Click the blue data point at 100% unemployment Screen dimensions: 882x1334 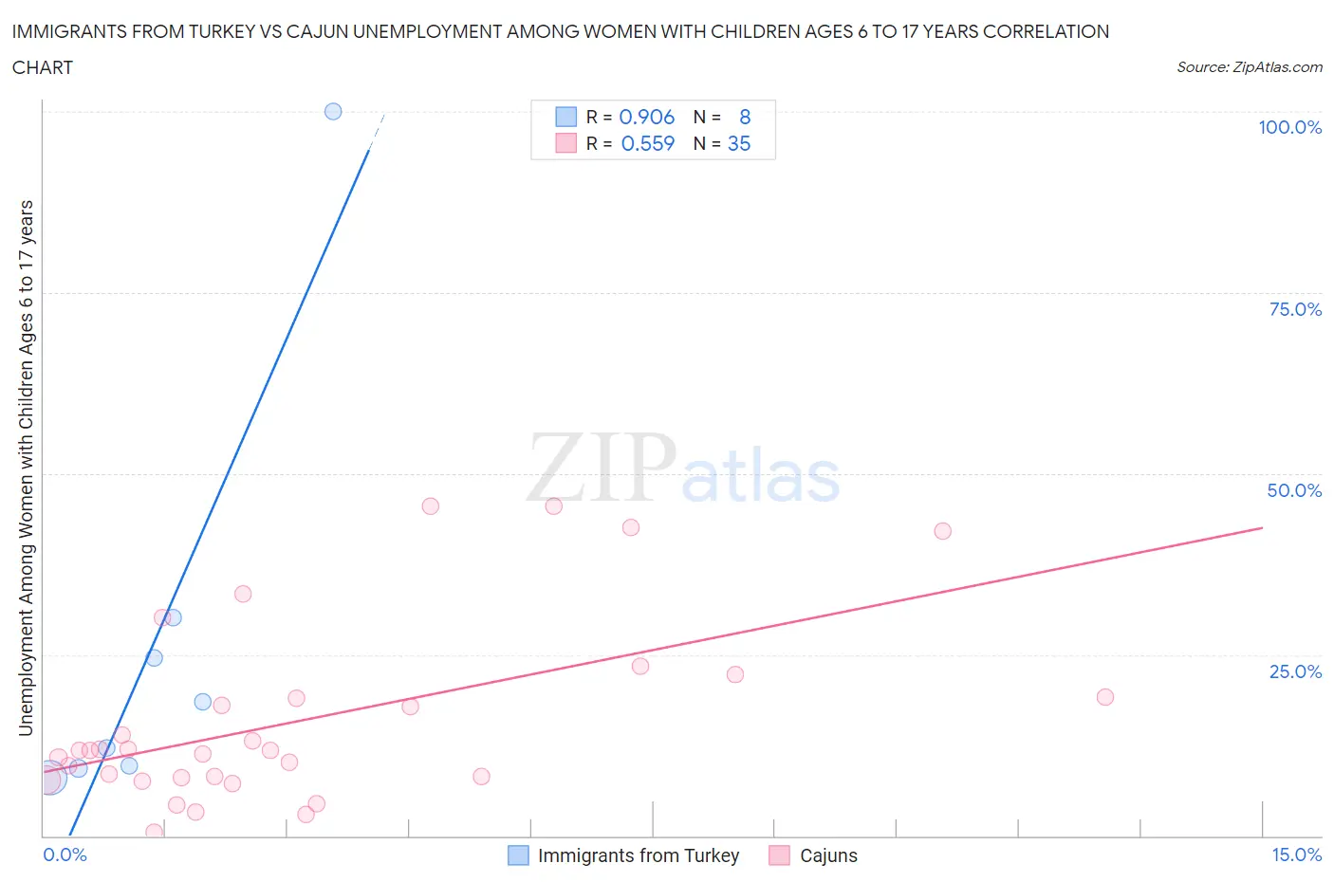pyautogui.click(x=333, y=111)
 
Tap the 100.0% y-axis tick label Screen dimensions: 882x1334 pyautogui.click(x=1289, y=127)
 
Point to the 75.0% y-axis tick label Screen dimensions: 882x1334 pyautogui.click(x=1294, y=309)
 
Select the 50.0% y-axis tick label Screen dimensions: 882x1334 pyautogui.click(x=1293, y=490)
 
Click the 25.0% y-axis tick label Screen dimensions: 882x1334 pyautogui.click(x=1294, y=671)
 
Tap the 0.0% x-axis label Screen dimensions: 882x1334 pyautogui.click(x=65, y=854)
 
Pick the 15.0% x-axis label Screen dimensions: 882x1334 pyautogui.click(x=1296, y=854)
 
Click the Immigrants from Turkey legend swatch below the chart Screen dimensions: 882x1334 pyautogui.click(x=518, y=855)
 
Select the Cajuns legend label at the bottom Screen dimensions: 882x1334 pyautogui.click(x=828, y=855)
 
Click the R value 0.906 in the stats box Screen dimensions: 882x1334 pyautogui.click(x=646, y=117)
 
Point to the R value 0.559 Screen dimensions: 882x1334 pyautogui.click(x=647, y=143)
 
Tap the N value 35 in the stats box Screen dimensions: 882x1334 pyautogui.click(x=739, y=143)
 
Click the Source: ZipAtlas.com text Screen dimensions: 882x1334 pyautogui.click(x=1249, y=66)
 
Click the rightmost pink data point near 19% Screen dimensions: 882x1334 pyautogui.click(x=1104, y=697)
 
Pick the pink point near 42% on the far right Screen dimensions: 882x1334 pyautogui.click(x=942, y=531)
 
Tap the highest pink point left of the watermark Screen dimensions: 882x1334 pyautogui.click(x=430, y=506)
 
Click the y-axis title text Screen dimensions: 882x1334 pyautogui.click(x=26, y=468)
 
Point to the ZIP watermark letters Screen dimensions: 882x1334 pyautogui.click(x=601, y=468)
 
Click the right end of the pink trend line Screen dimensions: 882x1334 pyautogui.click(x=1262, y=527)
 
